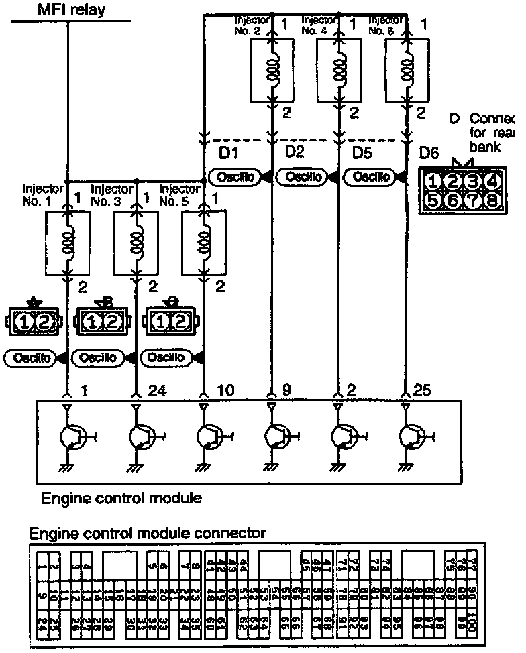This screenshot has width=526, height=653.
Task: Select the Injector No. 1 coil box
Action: [x=67, y=243]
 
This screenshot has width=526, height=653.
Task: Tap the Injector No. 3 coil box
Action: [x=136, y=243]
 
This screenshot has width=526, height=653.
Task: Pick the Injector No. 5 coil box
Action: [x=204, y=243]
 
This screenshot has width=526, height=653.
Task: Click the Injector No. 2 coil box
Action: [x=271, y=72]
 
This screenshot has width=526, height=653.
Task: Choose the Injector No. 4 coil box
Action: [x=339, y=72]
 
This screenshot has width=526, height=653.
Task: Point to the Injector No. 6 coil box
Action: [x=407, y=72]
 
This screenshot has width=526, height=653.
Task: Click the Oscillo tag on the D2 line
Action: [x=303, y=177]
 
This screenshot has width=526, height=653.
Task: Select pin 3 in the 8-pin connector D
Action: [x=472, y=180]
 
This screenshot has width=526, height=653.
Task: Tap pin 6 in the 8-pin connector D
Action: [x=452, y=200]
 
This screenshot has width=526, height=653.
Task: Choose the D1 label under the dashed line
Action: [x=229, y=154]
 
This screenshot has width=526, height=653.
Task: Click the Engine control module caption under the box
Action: [x=121, y=499]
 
